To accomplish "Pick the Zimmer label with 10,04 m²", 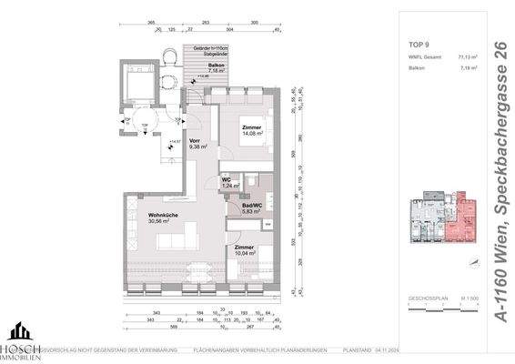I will pyautogui.click(x=245, y=247).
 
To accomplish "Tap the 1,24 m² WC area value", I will pyautogui.click(x=232, y=185).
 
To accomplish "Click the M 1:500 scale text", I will pyautogui.click(x=470, y=297).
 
